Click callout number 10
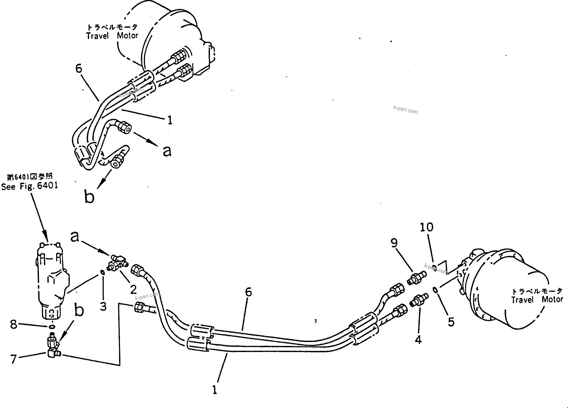coord(426,227)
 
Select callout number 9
coord(394,243)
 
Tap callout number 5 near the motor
coord(451,322)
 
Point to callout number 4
coord(418,340)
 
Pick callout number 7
coord(13,359)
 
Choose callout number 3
coord(103,306)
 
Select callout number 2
coord(133,290)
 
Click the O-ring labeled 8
coord(52,327)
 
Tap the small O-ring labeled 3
coord(102,272)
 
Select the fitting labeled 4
coord(419,300)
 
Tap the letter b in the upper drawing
coord(89,196)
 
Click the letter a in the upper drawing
coord(167,151)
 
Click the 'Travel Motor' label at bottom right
coord(537,300)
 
